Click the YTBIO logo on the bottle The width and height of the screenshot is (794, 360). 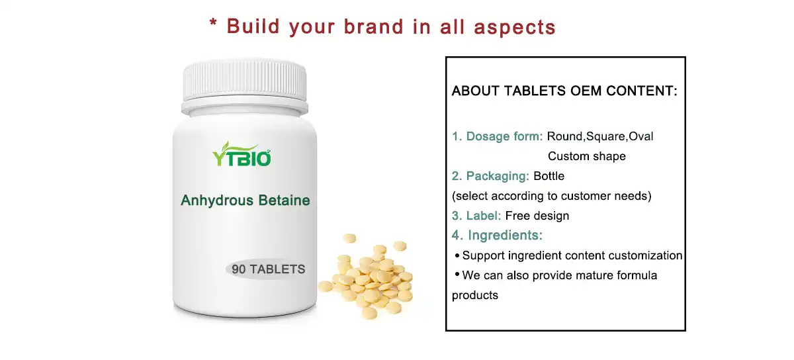(x=242, y=156)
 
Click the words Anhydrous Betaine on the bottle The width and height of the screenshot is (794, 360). (x=245, y=200)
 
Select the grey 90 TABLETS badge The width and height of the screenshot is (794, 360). (x=268, y=269)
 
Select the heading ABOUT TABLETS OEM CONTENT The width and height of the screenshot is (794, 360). (x=564, y=91)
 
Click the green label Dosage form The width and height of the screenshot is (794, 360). (x=504, y=136)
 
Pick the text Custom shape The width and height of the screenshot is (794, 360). (x=586, y=156)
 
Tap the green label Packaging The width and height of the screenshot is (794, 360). (x=497, y=176)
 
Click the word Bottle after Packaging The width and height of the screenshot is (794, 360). (x=549, y=176)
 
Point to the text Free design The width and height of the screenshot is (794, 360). (x=537, y=216)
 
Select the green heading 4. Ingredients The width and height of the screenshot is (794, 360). (x=497, y=236)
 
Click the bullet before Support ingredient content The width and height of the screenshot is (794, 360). (x=457, y=255)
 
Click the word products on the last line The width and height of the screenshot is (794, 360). (x=474, y=295)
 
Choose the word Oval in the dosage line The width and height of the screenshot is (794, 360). (x=640, y=136)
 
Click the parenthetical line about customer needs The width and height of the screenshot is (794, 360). (x=551, y=196)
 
